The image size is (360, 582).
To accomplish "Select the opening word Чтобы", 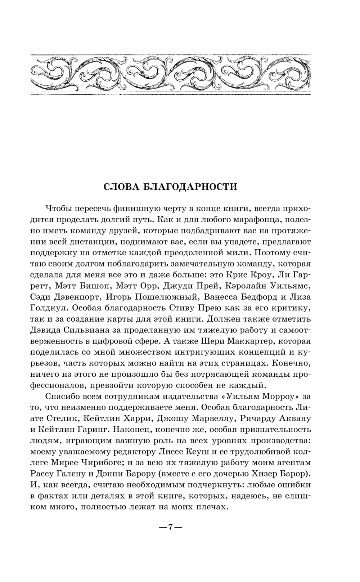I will pyautogui.click(x=59, y=209).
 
